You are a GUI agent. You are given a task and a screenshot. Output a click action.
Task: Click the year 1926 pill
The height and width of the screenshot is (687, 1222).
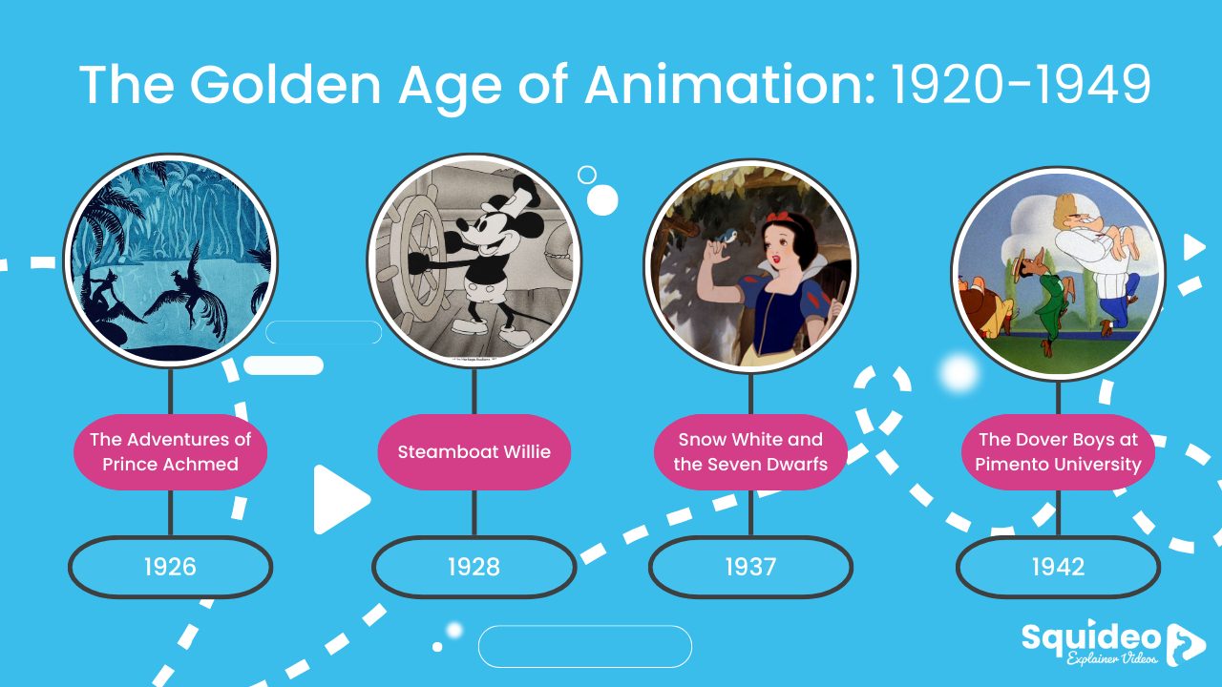tap(170, 567)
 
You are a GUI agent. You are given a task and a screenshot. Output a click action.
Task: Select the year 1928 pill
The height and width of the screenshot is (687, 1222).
tap(474, 567)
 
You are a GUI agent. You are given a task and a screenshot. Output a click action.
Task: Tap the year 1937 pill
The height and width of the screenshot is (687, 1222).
tap(750, 567)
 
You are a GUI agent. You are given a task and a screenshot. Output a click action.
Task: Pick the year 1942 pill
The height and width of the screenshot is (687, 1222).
tap(1058, 567)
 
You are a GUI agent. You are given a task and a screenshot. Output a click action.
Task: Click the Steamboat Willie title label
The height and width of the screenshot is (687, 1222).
tap(474, 451)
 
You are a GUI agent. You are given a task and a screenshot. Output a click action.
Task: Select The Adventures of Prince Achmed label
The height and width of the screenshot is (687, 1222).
tap(170, 451)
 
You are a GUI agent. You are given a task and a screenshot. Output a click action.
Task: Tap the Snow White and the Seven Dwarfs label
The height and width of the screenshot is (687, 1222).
tap(750, 451)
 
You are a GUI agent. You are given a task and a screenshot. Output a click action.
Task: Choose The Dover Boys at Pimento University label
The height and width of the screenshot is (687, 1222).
tap(1058, 451)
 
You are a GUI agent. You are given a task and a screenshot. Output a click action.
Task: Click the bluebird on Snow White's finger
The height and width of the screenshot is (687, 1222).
tap(731, 234)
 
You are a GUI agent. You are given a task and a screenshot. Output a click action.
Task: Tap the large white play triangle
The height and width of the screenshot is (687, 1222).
tap(338, 499)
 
